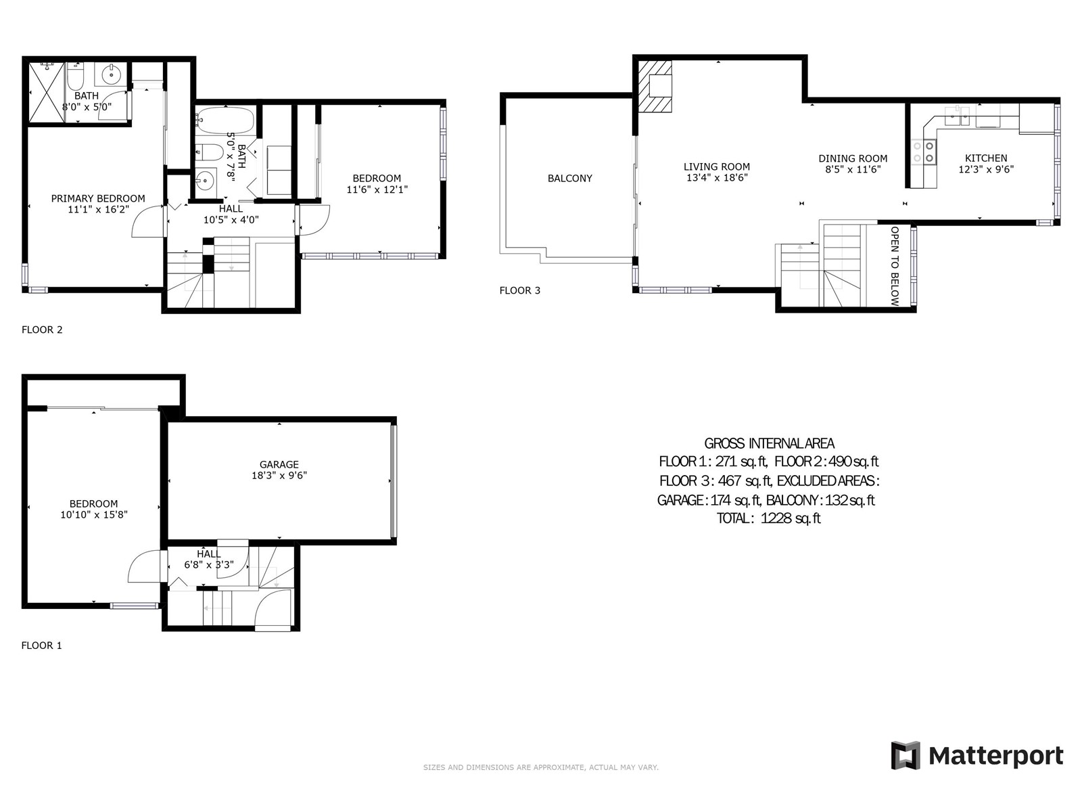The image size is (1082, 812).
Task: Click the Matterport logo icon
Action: [905, 754]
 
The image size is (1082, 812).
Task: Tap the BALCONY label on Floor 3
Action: [569, 179]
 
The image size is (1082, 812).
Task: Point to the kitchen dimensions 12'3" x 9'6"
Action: [986, 169]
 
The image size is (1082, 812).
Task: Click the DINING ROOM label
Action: [853, 158]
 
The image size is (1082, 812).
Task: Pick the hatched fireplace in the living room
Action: [655, 86]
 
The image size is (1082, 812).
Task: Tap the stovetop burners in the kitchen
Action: [924, 152]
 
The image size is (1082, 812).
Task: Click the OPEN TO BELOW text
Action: [895, 266]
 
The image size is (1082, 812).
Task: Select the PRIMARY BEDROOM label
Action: [98, 198]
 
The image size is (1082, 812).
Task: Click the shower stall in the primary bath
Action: [47, 92]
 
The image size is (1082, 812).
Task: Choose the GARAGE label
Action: [279, 464]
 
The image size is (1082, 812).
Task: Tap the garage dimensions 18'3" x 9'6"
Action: [279, 475]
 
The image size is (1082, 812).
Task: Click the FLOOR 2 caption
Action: [42, 330]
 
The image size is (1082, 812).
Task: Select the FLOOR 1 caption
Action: [41, 646]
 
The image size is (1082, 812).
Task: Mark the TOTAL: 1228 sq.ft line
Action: [768, 518]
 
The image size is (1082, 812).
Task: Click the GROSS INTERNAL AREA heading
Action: [769, 443]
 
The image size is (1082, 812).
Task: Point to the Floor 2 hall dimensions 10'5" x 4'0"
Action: [231, 219]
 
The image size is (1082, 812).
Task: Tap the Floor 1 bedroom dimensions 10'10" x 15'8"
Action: [93, 514]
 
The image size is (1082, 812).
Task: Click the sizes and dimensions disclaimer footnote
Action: [541, 767]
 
